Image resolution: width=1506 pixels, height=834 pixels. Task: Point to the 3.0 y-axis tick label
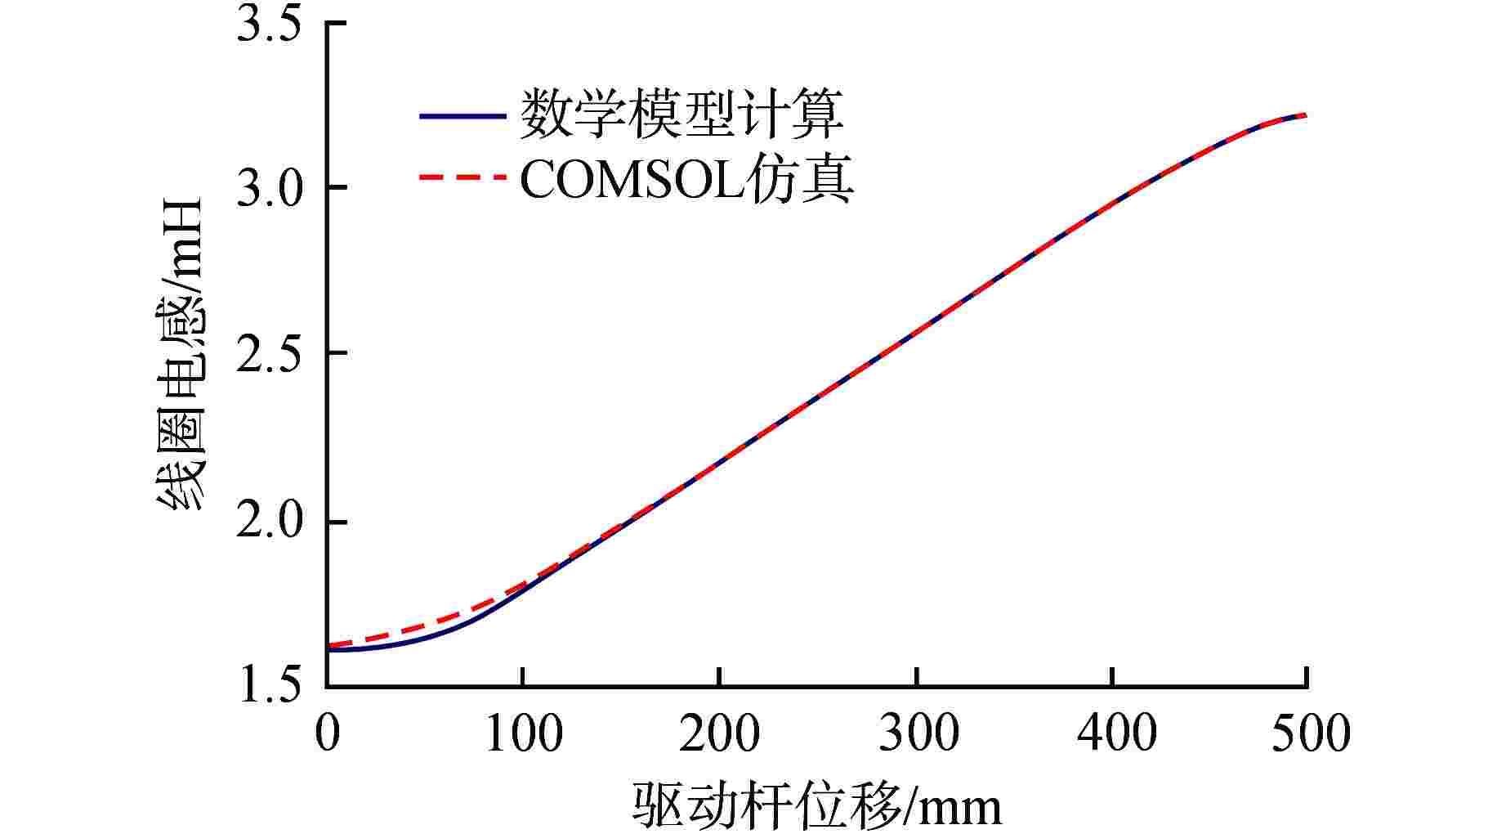point(268,189)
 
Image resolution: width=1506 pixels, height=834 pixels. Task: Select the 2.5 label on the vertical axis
point(268,354)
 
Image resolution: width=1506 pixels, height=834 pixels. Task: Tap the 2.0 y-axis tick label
point(268,522)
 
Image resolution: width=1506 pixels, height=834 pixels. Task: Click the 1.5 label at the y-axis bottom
point(268,688)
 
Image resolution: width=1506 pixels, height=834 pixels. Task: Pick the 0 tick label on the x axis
point(327,733)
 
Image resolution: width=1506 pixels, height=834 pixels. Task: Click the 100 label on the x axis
point(523,733)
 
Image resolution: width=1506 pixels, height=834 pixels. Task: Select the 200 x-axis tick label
point(719,733)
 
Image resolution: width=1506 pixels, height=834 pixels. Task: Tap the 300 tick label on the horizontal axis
point(917,733)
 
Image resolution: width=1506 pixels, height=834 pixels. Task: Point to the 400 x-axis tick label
point(1113,733)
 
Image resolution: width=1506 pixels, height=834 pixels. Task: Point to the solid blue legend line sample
point(462,116)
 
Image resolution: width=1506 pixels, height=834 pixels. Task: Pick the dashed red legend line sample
point(462,177)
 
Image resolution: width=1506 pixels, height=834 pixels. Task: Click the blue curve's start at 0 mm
point(328,650)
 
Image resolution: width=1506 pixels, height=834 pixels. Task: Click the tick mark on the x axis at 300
point(917,678)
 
